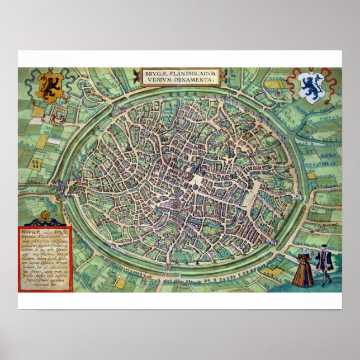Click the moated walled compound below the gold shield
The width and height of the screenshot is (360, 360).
tap(57, 116)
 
